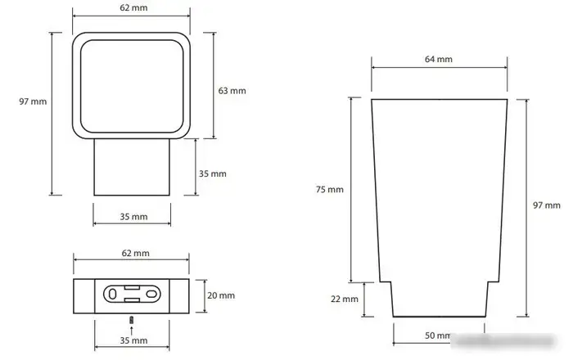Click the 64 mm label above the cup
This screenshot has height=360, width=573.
(x=439, y=59)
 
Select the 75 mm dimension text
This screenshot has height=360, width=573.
(x=330, y=190)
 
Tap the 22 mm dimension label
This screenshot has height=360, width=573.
(x=345, y=299)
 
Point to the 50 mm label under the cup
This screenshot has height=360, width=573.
(x=438, y=335)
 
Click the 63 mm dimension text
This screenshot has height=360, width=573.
(x=232, y=91)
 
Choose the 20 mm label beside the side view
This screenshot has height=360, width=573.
(x=221, y=295)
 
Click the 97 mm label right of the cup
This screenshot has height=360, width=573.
(x=546, y=205)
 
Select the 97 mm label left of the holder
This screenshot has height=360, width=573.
(x=33, y=101)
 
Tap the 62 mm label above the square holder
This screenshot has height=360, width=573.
(x=133, y=7)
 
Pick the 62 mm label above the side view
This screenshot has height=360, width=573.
(x=136, y=253)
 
